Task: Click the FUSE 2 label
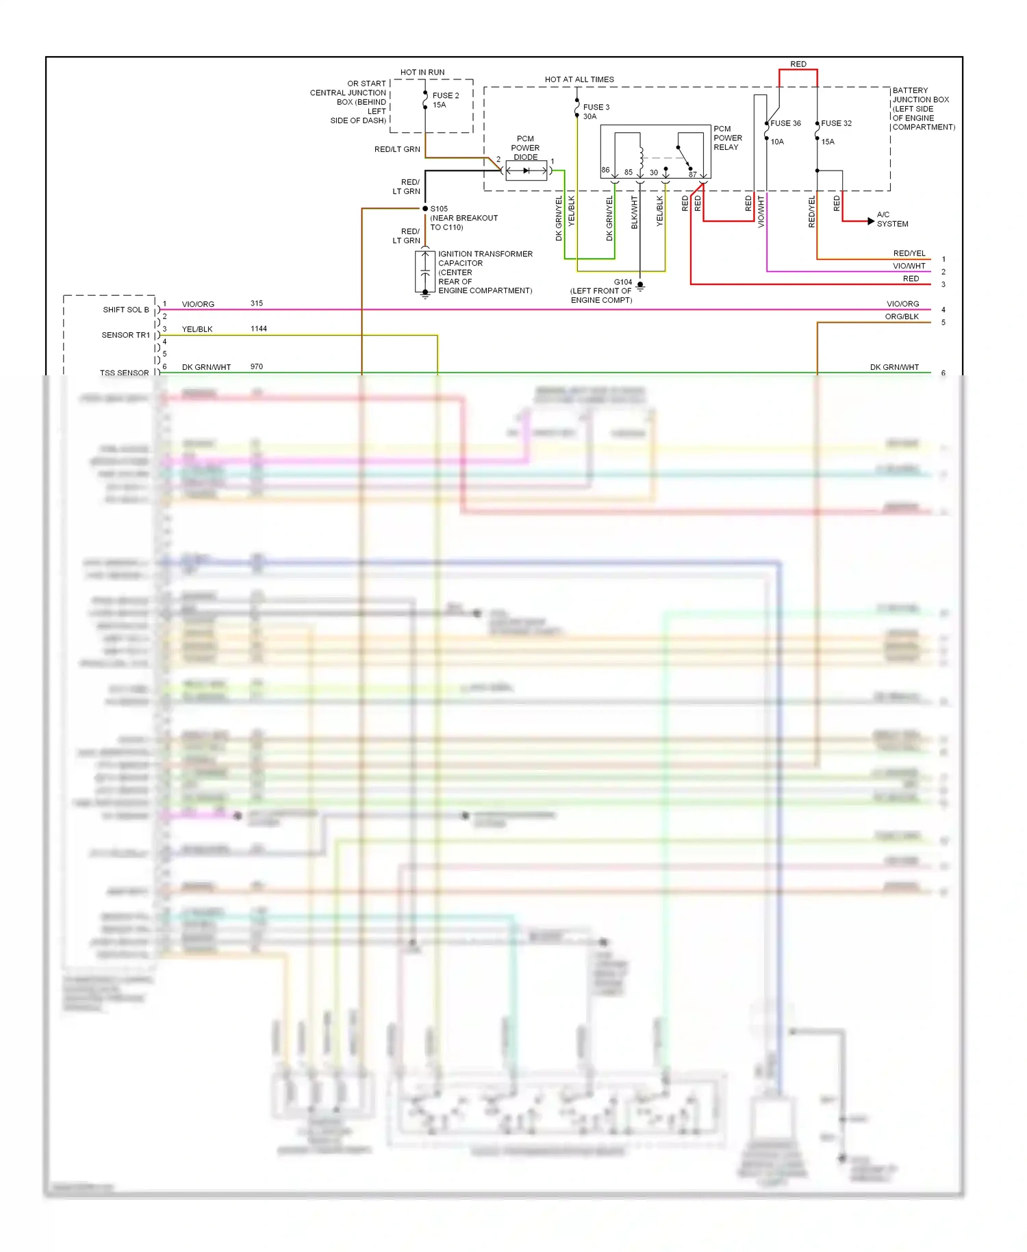(x=445, y=96)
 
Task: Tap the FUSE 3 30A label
(x=595, y=112)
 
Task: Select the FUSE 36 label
(x=785, y=123)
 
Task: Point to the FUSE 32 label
(x=836, y=123)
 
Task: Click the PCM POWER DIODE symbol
(x=527, y=171)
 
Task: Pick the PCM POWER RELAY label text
(x=727, y=138)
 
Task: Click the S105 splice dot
(x=425, y=208)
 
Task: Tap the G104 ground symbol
(x=640, y=286)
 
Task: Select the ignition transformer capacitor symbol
(x=425, y=272)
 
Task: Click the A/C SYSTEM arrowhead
(x=870, y=221)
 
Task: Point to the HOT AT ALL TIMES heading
(x=579, y=79)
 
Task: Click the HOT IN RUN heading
(x=422, y=72)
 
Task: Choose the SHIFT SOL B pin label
(x=126, y=310)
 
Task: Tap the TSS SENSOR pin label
(x=124, y=373)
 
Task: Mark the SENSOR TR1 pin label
(x=125, y=335)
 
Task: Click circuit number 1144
(x=259, y=329)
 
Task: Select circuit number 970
(x=257, y=366)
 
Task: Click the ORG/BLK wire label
(x=902, y=316)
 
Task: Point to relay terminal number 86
(x=605, y=170)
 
